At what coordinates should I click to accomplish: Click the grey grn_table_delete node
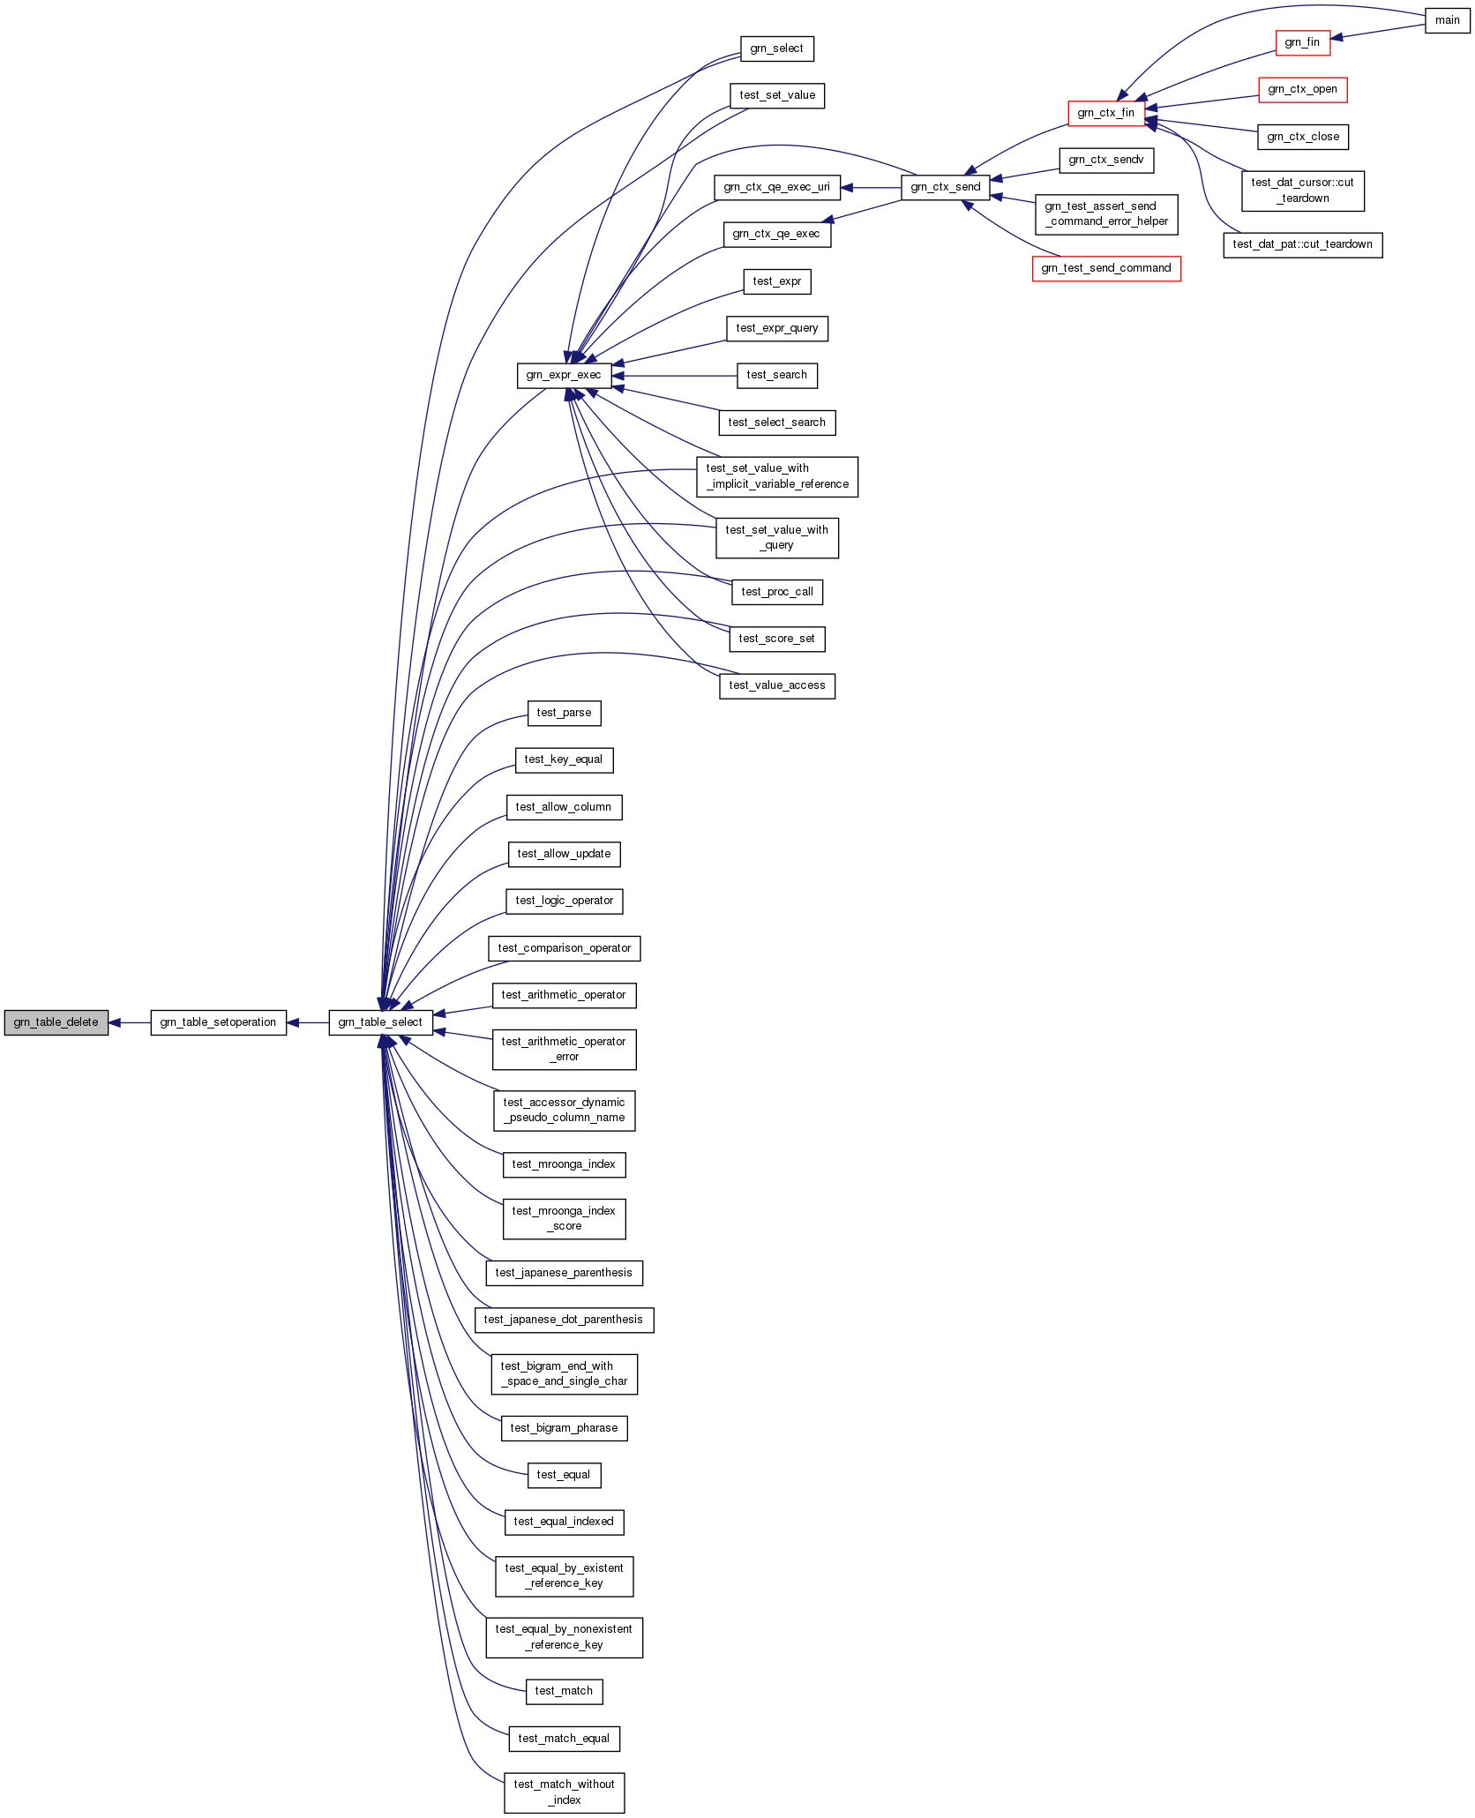56,1022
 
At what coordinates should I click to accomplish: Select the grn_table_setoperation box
218,1022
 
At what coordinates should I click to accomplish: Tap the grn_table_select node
380,1022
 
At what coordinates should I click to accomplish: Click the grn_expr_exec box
564,375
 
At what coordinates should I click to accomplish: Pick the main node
1447,20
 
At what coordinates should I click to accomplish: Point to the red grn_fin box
1302,42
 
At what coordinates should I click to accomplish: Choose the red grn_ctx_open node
1302,89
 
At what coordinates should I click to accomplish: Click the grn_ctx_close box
1302,137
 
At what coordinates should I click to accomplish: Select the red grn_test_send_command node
1105,268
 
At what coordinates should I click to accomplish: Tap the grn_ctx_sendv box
1105,160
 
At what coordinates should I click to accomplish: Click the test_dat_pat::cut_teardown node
1302,244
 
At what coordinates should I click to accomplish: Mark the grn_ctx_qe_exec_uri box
776,187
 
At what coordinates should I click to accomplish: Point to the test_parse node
564,713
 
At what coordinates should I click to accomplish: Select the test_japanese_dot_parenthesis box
564,1320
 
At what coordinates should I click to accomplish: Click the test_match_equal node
564,1739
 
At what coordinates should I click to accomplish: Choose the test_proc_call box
776,592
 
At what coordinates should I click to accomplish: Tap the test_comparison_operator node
564,948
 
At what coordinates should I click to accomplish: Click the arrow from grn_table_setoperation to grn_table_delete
130,1022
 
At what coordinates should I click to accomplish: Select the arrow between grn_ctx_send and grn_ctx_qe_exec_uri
871,187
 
